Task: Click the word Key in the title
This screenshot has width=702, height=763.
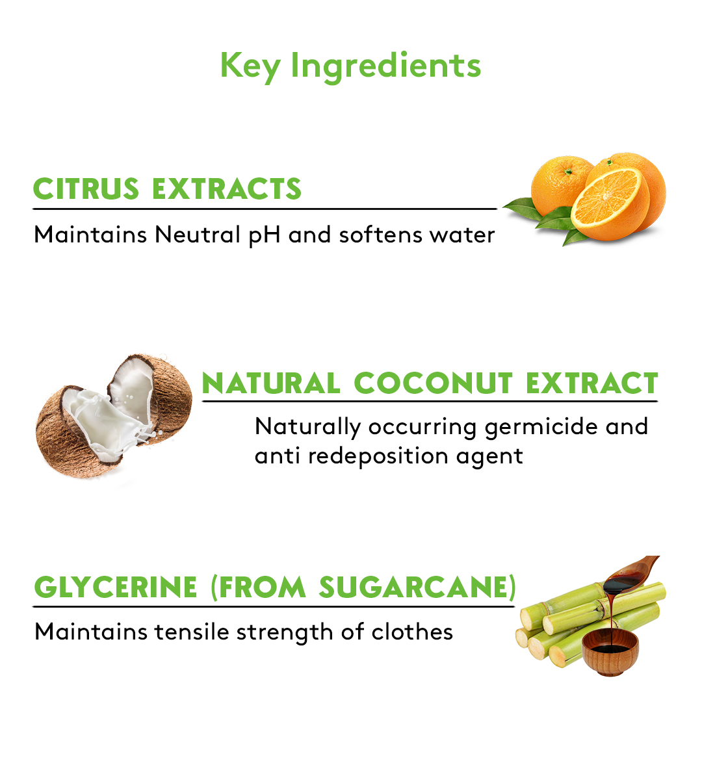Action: click(250, 66)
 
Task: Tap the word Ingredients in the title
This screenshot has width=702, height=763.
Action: click(385, 66)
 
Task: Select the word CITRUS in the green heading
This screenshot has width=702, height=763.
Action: click(86, 189)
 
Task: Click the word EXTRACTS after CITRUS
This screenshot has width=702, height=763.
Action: click(227, 189)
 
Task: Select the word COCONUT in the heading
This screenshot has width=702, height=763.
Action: click(433, 383)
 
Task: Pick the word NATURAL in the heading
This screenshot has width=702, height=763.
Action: click(271, 383)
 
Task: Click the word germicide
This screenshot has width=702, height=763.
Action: click(541, 428)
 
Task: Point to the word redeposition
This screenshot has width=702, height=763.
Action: click(378, 457)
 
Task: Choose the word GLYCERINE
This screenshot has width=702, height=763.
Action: click(116, 587)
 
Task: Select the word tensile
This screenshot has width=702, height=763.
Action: click(192, 632)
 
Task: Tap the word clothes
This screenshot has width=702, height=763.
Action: click(412, 632)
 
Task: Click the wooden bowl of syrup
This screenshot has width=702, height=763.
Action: click(610, 651)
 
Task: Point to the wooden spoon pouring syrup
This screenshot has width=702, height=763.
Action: click(630, 573)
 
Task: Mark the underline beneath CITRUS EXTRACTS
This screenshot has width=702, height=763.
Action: click(265, 209)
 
